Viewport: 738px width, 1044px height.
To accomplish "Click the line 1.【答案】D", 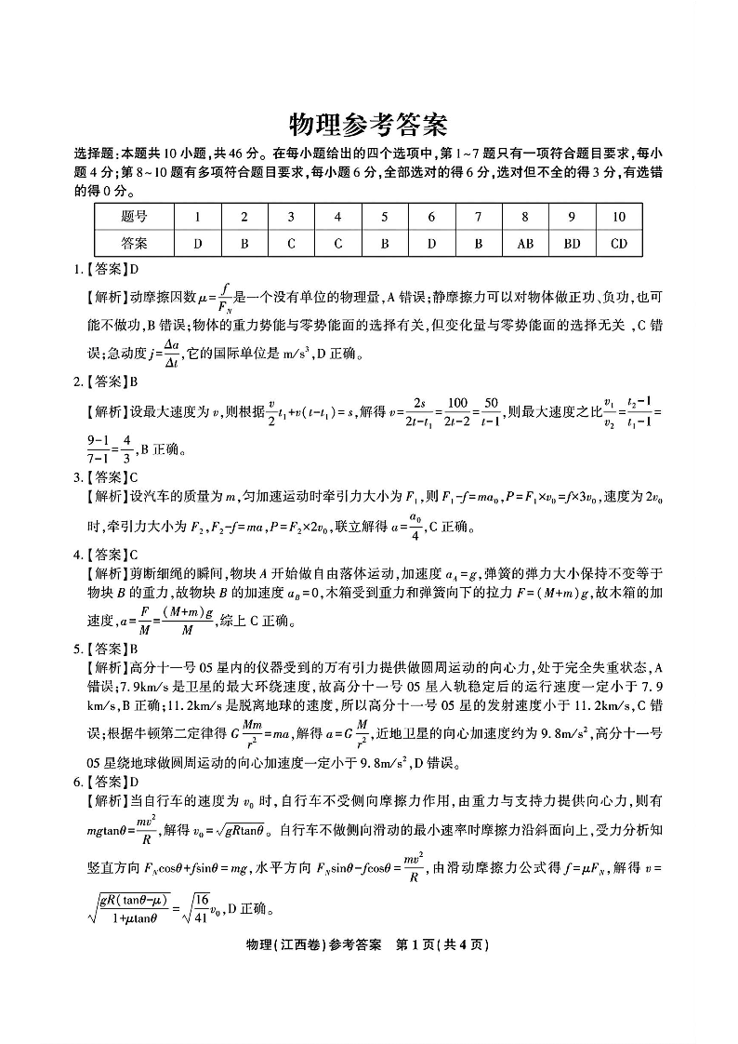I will [106, 270].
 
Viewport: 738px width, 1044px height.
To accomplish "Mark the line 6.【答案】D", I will [106, 782].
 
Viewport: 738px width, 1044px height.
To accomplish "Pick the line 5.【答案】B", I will [106, 649].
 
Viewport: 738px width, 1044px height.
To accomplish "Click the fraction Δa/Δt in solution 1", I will [170, 353].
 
